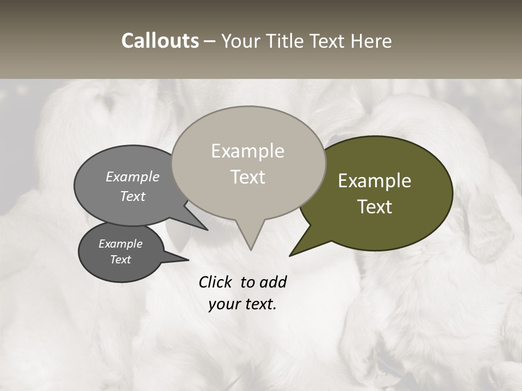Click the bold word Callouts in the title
pos(160,41)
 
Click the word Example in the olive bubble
pos(375,181)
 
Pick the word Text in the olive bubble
pos(375,207)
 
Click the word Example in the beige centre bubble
pos(247,151)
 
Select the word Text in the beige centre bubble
pos(247,177)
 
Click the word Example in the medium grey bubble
pos(133,176)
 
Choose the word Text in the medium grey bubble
pos(133,196)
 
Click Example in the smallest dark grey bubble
pos(120,244)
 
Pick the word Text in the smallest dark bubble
pos(120,260)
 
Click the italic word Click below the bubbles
pos(215,282)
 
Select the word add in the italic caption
pos(273,282)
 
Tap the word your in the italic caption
pos(224,304)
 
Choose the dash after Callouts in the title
pos(210,41)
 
